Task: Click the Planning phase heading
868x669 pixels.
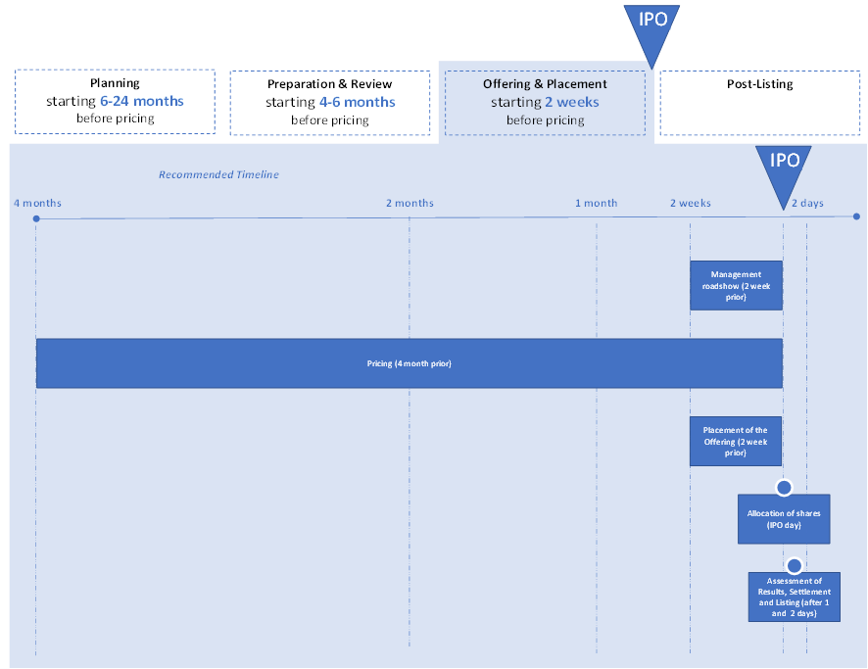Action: point(115,83)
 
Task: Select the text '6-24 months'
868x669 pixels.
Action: point(142,101)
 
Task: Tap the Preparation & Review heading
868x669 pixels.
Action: point(329,84)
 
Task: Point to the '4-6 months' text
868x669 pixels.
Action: point(357,103)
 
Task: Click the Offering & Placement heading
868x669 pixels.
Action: point(545,84)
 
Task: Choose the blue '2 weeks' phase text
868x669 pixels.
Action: point(572,103)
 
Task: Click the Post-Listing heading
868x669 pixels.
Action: point(759,84)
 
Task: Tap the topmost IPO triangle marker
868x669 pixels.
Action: point(652,30)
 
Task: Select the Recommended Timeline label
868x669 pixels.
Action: point(218,175)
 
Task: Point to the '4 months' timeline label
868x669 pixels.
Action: point(37,203)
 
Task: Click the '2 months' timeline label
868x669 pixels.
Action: point(410,203)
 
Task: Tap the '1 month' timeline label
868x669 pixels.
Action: point(597,203)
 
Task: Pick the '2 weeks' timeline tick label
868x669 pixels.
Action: point(691,203)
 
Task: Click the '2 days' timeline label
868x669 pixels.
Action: point(807,203)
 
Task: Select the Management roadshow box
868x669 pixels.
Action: point(737,286)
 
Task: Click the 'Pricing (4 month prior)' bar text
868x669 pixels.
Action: point(410,363)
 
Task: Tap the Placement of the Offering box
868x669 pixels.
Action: point(736,442)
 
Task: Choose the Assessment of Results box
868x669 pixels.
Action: point(795,597)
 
